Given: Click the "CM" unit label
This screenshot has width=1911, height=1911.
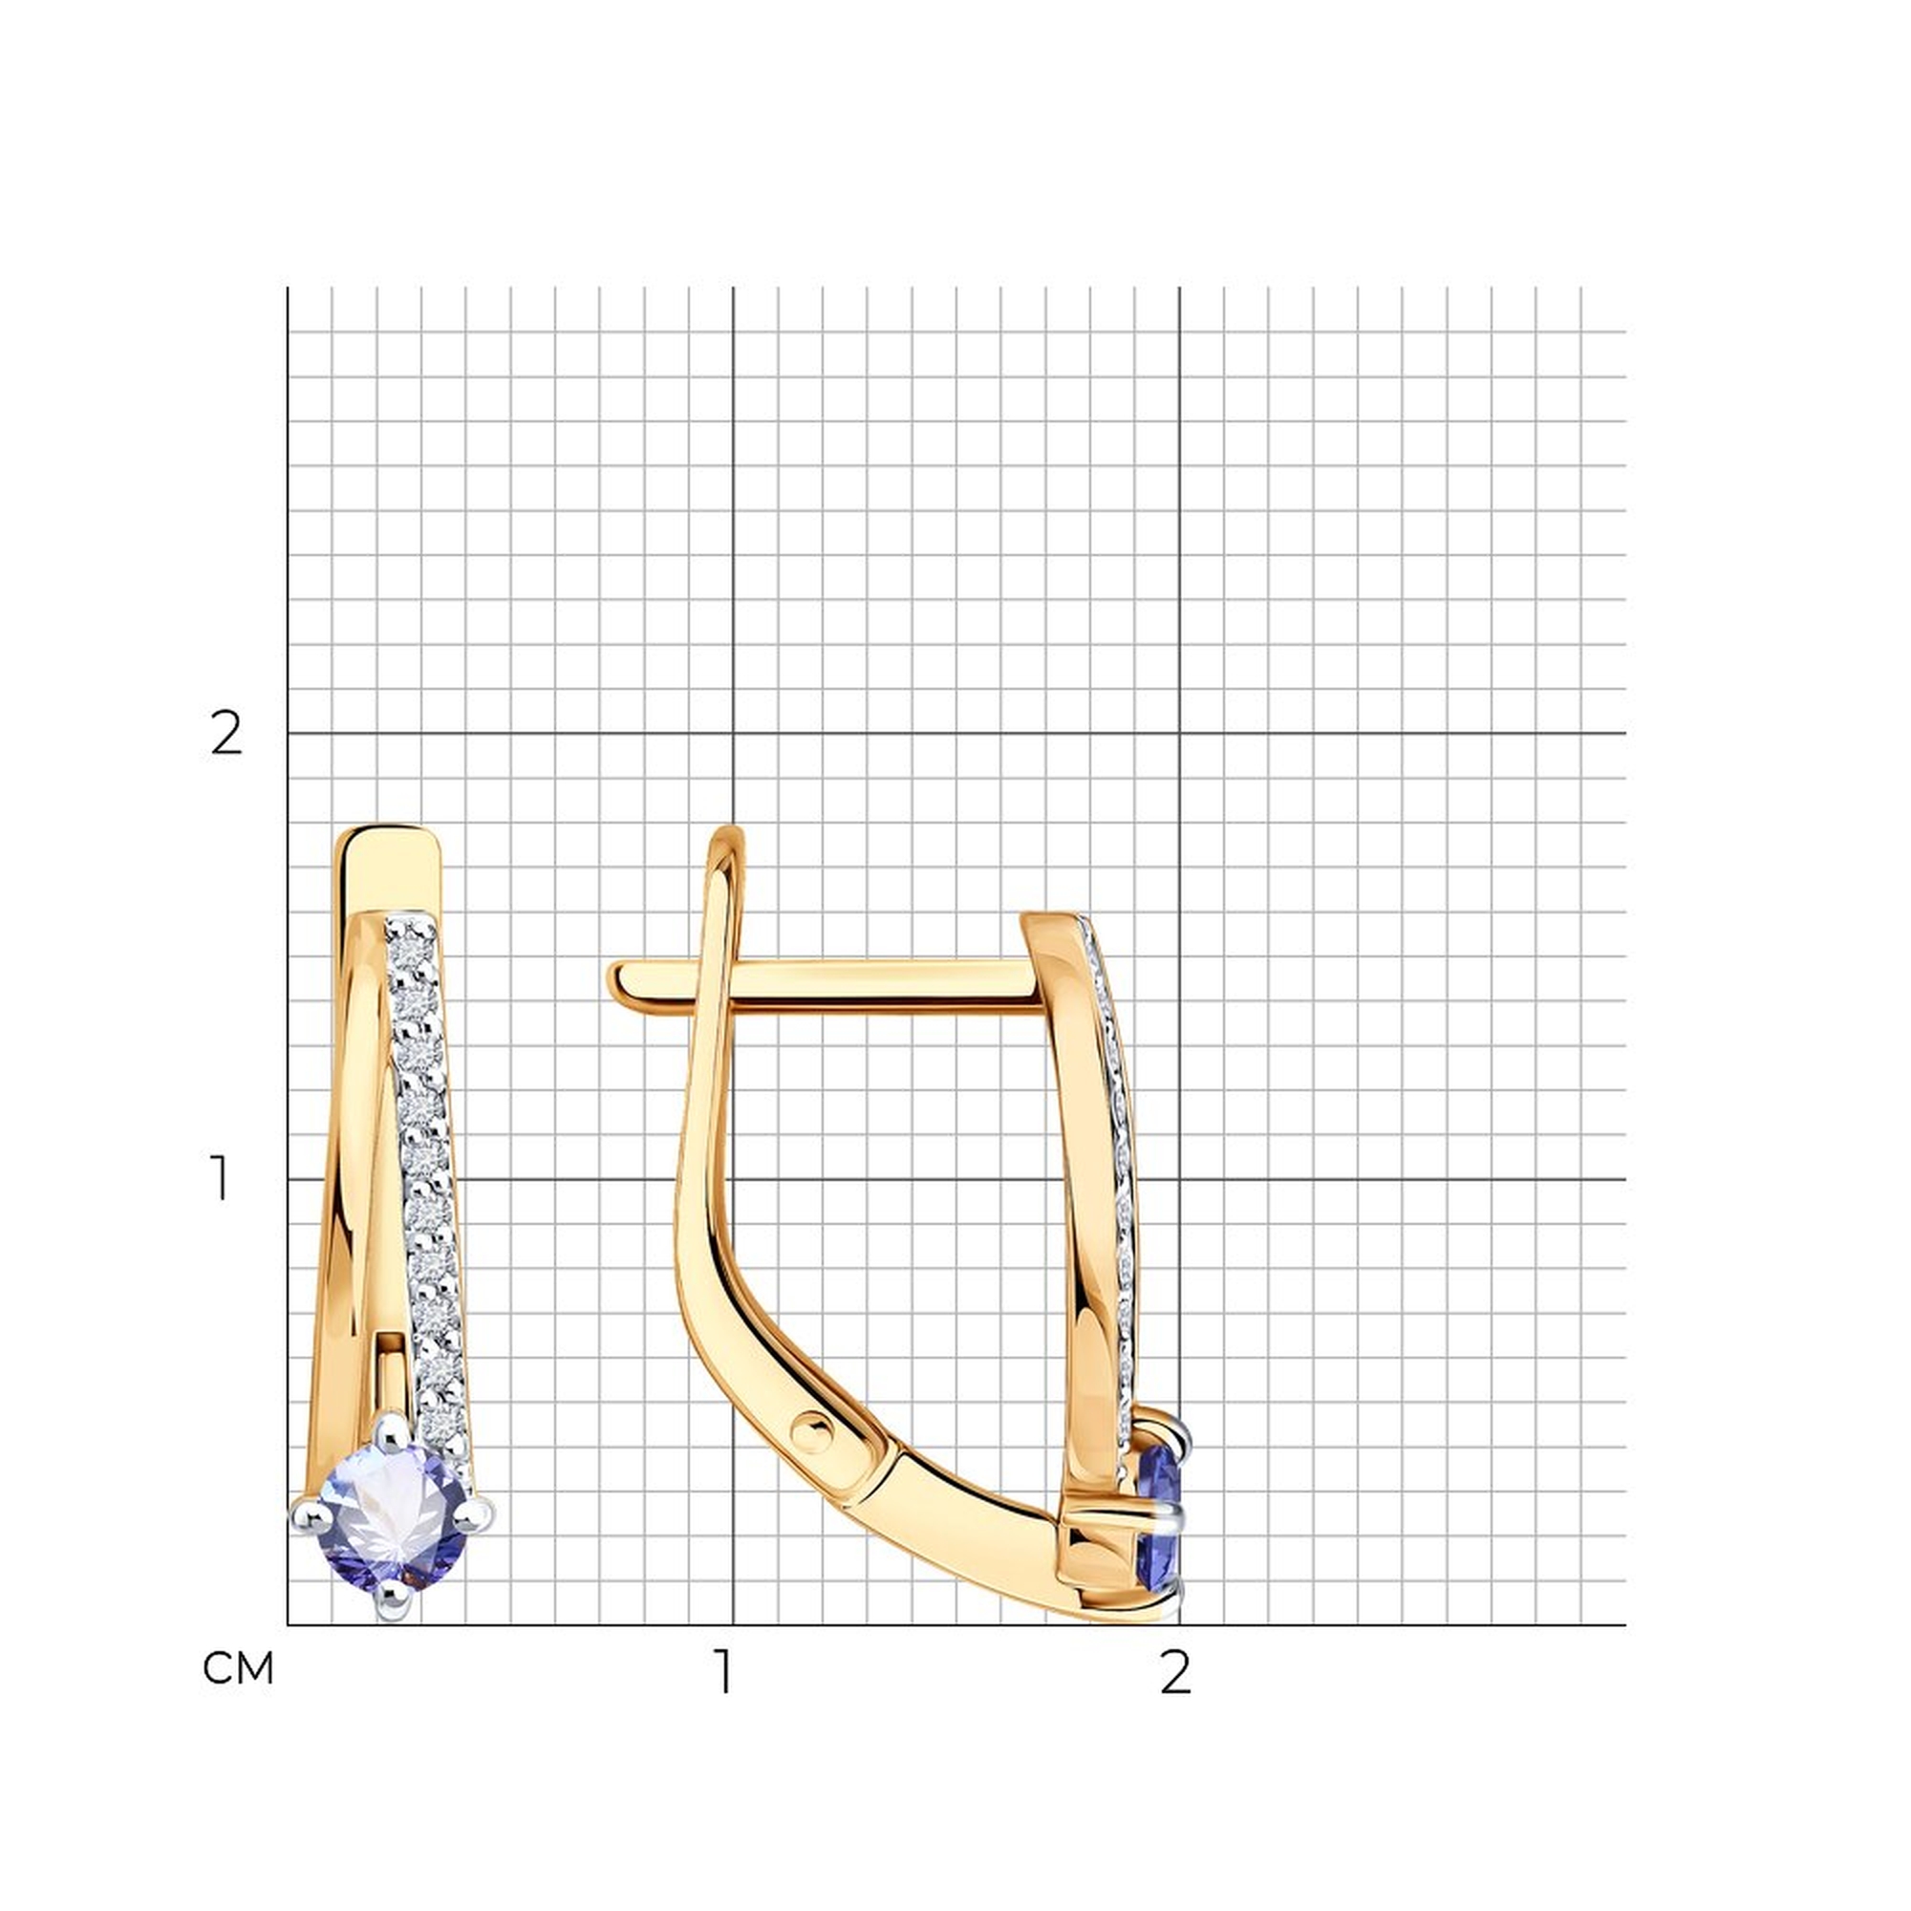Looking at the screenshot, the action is pos(238,1668).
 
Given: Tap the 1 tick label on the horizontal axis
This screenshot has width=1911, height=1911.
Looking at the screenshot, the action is pos(726,1670).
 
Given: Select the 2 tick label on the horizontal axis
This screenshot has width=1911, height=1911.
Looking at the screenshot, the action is pos(1175,1670).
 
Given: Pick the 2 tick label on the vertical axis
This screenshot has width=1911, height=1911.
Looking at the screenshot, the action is pos(226,735).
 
